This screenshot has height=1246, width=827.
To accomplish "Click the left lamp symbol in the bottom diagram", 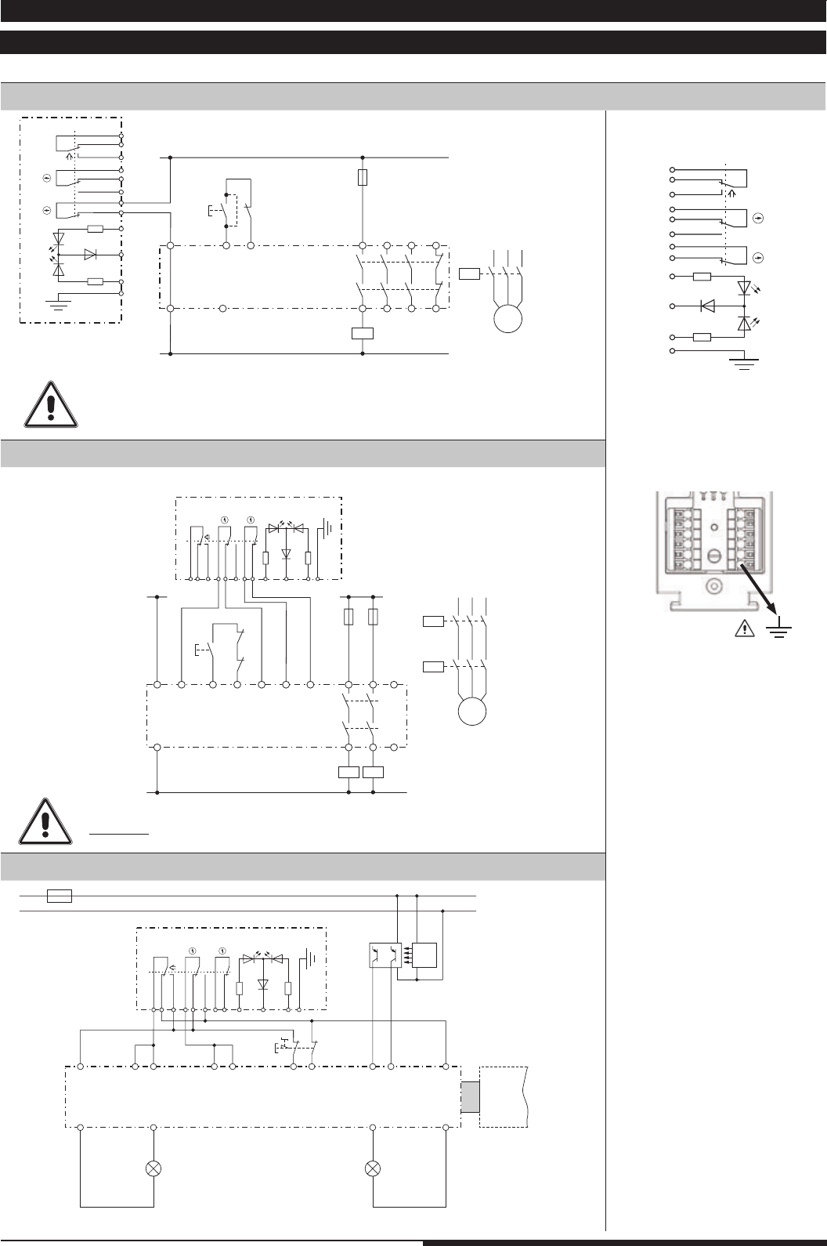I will tap(153, 1168).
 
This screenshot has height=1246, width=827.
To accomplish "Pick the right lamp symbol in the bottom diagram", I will tap(373, 1168).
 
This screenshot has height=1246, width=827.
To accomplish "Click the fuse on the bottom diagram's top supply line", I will tap(60, 896).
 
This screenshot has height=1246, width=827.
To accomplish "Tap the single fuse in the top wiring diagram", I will tap(362, 178).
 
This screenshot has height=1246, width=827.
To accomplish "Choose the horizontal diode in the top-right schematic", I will tap(707, 306).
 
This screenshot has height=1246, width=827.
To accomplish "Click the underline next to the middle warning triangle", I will tap(119, 835).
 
